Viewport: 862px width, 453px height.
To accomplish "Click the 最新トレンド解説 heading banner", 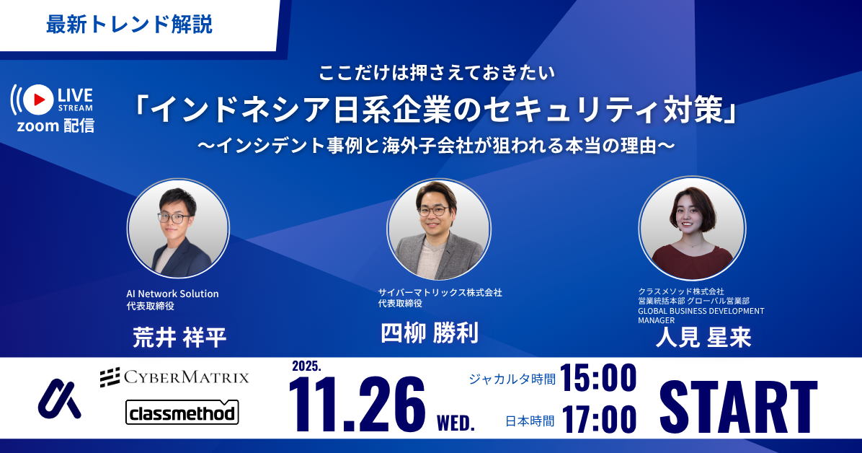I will [130, 25].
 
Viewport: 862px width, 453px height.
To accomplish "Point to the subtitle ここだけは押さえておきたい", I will [430, 72].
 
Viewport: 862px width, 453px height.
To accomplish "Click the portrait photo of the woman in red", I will [691, 229].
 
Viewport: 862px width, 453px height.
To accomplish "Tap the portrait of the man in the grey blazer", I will [438, 229].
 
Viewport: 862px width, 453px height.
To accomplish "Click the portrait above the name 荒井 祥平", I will [178, 229].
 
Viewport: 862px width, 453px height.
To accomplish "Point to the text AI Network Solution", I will [172, 294].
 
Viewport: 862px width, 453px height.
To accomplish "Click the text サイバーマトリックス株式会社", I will [440, 292].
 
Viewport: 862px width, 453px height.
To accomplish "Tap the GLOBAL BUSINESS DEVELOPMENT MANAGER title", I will [701, 315].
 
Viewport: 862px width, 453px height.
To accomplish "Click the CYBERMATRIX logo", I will [174, 377].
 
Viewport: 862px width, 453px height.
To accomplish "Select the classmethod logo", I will [182, 413].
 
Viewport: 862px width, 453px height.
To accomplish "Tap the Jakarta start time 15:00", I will [598, 378].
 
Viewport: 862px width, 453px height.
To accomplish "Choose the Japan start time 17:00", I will [598, 419].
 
